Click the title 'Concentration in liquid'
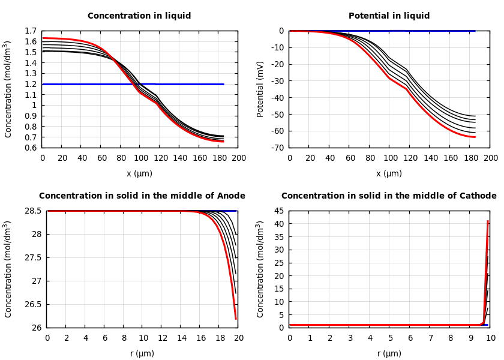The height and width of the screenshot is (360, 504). coord(139,16)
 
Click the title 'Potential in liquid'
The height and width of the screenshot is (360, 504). coord(389,16)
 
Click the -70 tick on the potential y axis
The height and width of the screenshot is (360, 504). coord(276,148)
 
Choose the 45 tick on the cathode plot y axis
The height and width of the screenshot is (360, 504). coord(278,211)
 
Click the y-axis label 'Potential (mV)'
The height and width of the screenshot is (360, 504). coord(260,89)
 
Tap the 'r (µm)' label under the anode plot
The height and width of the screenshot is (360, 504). coord(142,353)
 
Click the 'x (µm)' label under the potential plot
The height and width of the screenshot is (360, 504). coord(390,173)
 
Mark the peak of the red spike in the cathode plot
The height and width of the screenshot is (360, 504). coord(488,221)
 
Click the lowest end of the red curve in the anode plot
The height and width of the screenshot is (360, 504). coord(236,319)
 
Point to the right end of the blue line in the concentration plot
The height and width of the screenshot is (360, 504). coord(223,84)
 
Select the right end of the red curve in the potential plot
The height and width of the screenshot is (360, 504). coord(475,137)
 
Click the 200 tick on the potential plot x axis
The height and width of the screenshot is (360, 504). coord(491,158)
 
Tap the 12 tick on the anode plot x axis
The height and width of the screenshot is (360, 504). coord(162,338)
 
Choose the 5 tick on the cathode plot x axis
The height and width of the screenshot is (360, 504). coord(390,338)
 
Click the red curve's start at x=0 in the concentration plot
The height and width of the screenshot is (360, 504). coord(43,38)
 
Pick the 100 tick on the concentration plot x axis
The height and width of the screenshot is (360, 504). coord(140,158)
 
